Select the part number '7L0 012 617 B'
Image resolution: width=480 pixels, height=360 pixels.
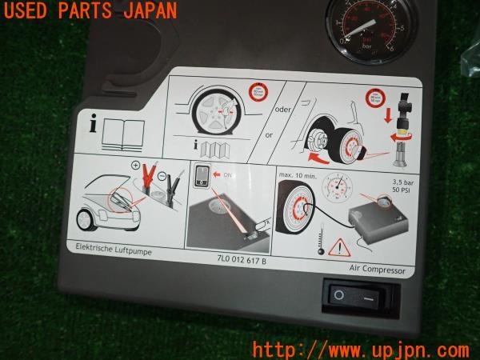click(x=240, y=260)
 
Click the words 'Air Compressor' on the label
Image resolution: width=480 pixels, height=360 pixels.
click(x=378, y=270)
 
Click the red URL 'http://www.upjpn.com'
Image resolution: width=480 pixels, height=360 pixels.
click(x=360, y=349)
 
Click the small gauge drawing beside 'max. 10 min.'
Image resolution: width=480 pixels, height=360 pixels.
click(x=340, y=190)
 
